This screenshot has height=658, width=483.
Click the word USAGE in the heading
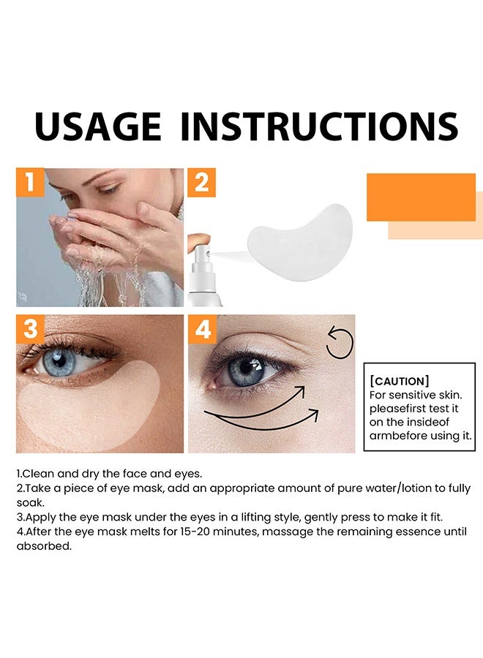(97, 127)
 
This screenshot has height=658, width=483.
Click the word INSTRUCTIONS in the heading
(319, 127)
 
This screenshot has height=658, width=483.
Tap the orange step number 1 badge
(30, 183)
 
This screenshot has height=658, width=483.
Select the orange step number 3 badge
(30, 329)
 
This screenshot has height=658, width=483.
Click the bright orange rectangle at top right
(421, 197)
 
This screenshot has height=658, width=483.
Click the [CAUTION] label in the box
(400, 382)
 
